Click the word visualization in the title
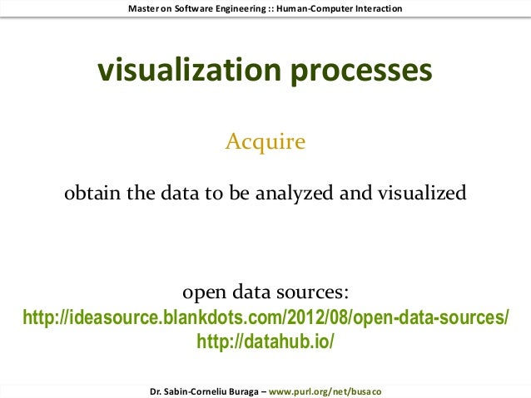pos(189,71)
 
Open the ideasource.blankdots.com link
pos(265,318)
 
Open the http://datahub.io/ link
pos(265,341)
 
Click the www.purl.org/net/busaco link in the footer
pos(325,390)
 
